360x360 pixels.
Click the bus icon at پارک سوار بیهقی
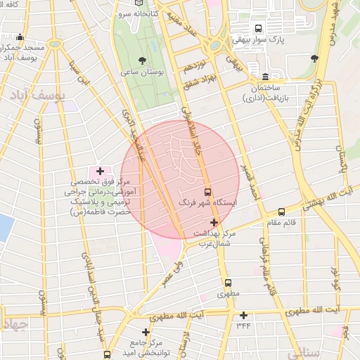coord(259,29)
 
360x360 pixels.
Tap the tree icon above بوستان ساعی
coord(143,60)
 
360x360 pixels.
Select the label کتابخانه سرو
coord(134,13)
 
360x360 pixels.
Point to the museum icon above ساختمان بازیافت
coord(265,76)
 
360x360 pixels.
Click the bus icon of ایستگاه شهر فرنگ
coord(207,191)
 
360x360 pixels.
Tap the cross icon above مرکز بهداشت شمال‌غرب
coord(214,222)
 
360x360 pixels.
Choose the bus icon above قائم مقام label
coord(281,212)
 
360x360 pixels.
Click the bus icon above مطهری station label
coord(228,283)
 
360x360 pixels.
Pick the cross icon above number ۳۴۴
coord(244,315)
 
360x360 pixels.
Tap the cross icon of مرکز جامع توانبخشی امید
coord(146,332)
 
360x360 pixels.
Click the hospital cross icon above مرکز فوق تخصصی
coord(100,171)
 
